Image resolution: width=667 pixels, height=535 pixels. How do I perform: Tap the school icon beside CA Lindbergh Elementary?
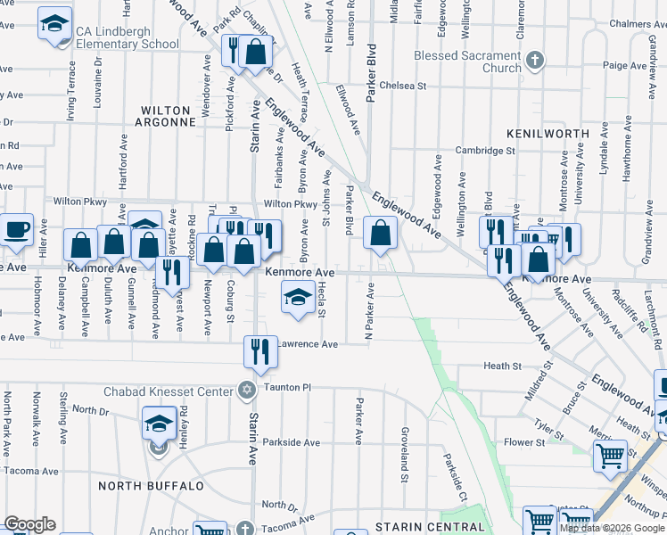[x=55, y=24]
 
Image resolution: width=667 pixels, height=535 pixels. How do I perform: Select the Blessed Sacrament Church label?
[x=465, y=61]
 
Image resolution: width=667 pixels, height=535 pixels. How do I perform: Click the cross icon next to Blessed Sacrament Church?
[x=534, y=61]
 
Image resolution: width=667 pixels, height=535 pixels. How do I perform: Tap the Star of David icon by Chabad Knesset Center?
[x=247, y=390]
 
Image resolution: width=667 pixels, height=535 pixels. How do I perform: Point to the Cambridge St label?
[x=486, y=151]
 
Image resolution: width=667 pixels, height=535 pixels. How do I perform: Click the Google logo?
[x=29, y=524]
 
